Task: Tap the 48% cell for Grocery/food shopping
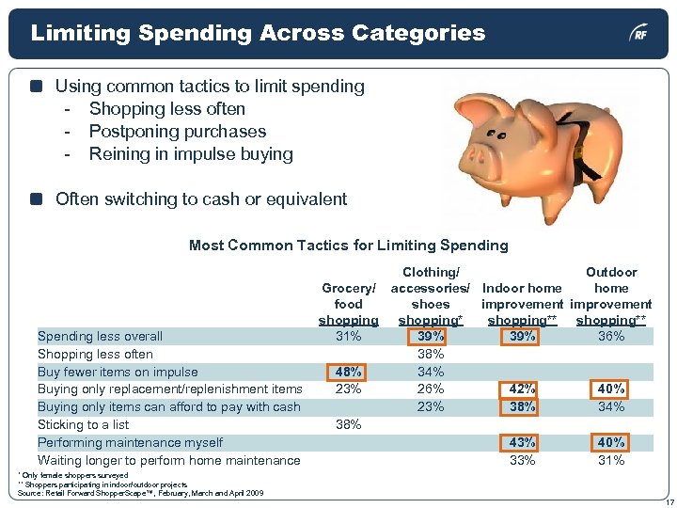click(x=349, y=372)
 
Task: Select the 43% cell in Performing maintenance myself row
click(x=522, y=442)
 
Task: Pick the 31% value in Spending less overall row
click(x=349, y=336)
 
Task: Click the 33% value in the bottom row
click(x=522, y=460)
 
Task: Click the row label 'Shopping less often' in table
click(x=95, y=354)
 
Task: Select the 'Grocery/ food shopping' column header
click(x=349, y=304)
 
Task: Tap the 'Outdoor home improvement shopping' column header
click(x=611, y=296)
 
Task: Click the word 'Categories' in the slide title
click(x=419, y=34)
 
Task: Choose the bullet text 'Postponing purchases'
click(x=178, y=132)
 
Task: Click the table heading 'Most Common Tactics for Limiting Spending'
click(x=348, y=246)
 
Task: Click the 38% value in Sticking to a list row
click(x=349, y=424)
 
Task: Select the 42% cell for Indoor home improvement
click(x=522, y=389)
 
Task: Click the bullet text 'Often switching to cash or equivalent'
click(x=201, y=199)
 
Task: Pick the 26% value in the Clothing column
click(x=430, y=389)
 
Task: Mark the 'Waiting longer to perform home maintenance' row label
click(x=169, y=460)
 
